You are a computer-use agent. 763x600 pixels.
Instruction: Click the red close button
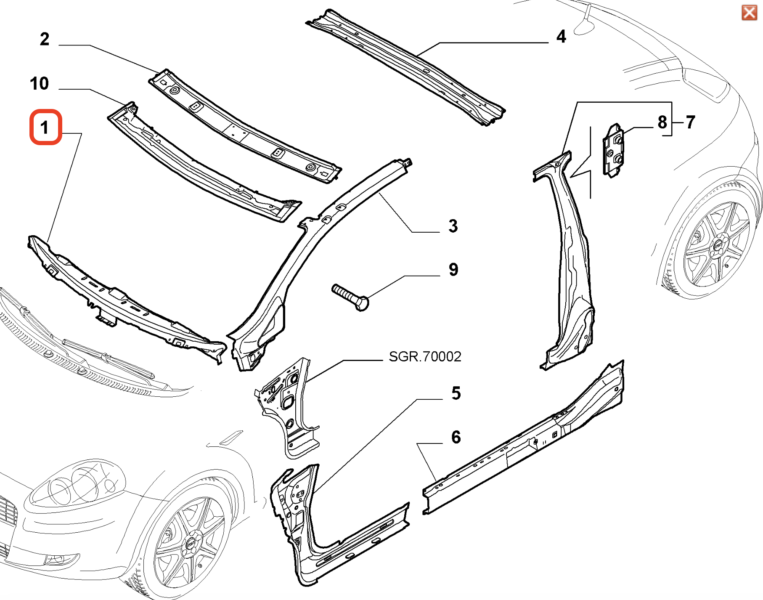(x=749, y=13)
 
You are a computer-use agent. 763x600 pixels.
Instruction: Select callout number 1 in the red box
(x=45, y=127)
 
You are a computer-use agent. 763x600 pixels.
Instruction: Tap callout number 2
(x=45, y=39)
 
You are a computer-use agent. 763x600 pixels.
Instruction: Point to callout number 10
(x=40, y=83)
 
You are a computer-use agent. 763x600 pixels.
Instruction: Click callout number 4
(x=561, y=37)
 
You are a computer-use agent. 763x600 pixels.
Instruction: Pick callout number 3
(x=453, y=226)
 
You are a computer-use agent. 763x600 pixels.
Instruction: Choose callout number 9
(x=453, y=270)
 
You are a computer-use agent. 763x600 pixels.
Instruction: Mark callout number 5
(x=456, y=393)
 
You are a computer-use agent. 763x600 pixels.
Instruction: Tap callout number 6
(x=456, y=437)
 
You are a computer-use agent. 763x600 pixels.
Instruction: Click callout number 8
(x=662, y=122)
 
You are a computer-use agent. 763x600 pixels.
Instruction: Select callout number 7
(x=690, y=122)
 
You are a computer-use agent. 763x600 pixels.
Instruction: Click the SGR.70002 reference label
(x=425, y=357)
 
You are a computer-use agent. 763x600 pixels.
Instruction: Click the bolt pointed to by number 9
(x=350, y=297)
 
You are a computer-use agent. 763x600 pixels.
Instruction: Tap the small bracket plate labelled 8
(x=614, y=150)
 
